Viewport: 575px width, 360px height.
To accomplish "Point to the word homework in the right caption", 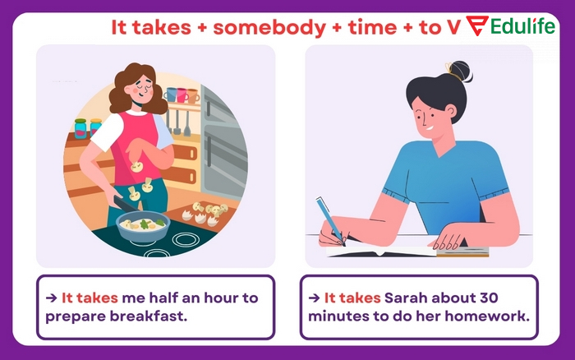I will [x=493, y=315].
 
